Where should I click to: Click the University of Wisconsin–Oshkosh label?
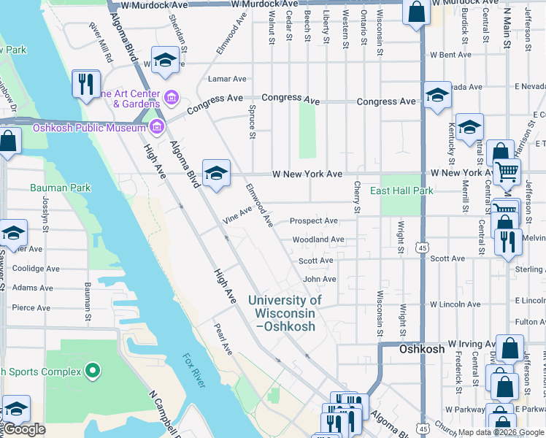(x=285, y=313)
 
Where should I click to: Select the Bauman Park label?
(x=61, y=188)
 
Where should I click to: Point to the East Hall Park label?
(x=401, y=191)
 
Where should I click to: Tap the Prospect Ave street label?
(x=313, y=220)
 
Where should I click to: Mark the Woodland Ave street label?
(x=318, y=239)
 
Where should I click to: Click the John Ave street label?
(x=319, y=279)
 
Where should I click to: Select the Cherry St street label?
(x=357, y=198)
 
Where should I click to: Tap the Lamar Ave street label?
(x=227, y=79)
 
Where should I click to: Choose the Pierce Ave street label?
(x=31, y=308)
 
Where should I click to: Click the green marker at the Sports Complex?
(x=92, y=372)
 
